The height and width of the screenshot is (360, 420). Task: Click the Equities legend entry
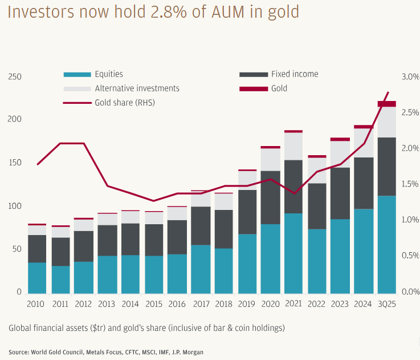click(x=108, y=74)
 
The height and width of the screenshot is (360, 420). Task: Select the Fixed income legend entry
click(x=294, y=74)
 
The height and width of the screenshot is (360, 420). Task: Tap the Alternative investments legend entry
click(x=137, y=88)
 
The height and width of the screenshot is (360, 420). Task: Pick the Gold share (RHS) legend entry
click(x=124, y=103)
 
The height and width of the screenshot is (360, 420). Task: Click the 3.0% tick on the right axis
click(x=410, y=76)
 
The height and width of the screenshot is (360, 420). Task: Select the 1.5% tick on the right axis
click(x=410, y=184)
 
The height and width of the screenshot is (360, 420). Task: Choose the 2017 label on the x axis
click(x=200, y=304)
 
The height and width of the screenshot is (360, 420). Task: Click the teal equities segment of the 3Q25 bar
click(x=387, y=244)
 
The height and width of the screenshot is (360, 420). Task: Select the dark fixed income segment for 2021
click(x=293, y=187)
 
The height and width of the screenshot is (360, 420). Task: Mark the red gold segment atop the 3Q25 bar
click(x=387, y=104)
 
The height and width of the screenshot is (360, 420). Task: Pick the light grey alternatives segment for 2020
click(x=270, y=159)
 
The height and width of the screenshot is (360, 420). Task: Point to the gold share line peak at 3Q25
click(x=388, y=92)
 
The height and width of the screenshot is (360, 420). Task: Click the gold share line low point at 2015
click(x=153, y=201)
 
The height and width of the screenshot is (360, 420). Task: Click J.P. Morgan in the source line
click(x=187, y=352)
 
